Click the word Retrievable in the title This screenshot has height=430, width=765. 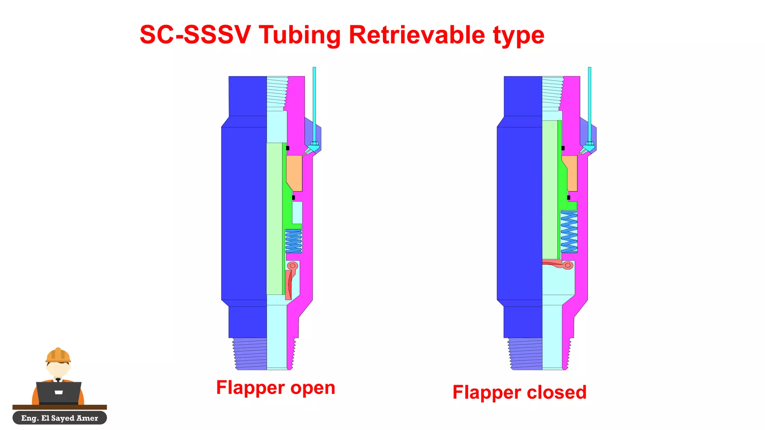tap(417, 35)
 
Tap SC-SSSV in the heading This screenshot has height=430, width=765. tap(195, 35)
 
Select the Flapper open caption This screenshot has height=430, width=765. tap(276, 387)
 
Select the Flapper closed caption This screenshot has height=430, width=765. tap(519, 392)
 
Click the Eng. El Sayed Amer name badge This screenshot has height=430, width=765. tap(60, 418)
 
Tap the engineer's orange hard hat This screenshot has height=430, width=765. tap(58, 355)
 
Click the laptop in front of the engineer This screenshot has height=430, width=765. tap(59, 392)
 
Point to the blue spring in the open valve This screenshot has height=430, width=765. tap(294, 241)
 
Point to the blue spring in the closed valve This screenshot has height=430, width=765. tap(569, 232)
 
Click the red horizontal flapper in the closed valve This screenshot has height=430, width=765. tap(555, 264)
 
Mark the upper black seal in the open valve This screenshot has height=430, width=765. tap(288, 148)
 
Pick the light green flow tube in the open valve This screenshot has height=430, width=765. tap(274, 218)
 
